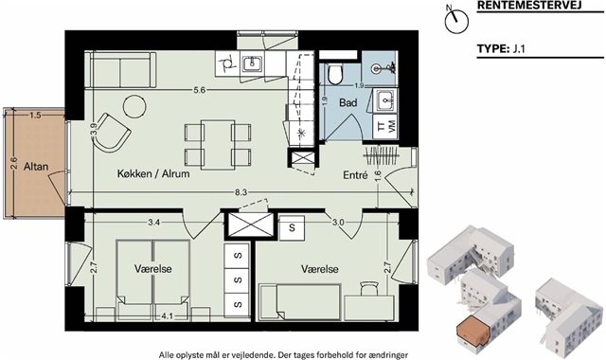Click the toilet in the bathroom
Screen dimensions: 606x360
(x=334, y=74)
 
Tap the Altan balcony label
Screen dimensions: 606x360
(x=36, y=167)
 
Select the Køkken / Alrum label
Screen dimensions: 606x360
(x=153, y=173)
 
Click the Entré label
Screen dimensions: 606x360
(x=355, y=175)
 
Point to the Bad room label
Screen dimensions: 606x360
(x=348, y=103)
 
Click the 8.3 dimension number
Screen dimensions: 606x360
(x=242, y=191)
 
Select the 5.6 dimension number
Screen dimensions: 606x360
(x=199, y=90)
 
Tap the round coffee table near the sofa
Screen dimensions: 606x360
(x=134, y=107)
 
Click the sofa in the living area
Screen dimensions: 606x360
(x=120, y=70)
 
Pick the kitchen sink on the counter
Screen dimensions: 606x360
(x=253, y=63)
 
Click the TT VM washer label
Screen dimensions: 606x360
(x=386, y=126)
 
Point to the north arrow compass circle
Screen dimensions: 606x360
(x=456, y=22)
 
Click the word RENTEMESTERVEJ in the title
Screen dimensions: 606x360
(x=529, y=6)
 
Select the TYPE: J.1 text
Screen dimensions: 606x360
(x=501, y=49)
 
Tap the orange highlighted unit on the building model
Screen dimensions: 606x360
(x=472, y=331)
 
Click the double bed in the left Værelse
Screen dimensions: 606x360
(x=153, y=279)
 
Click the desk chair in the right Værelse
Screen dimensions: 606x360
(x=368, y=288)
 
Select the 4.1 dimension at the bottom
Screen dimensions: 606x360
(x=168, y=315)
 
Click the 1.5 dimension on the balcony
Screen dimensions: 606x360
(x=35, y=115)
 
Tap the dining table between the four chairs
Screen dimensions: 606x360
(x=218, y=144)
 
